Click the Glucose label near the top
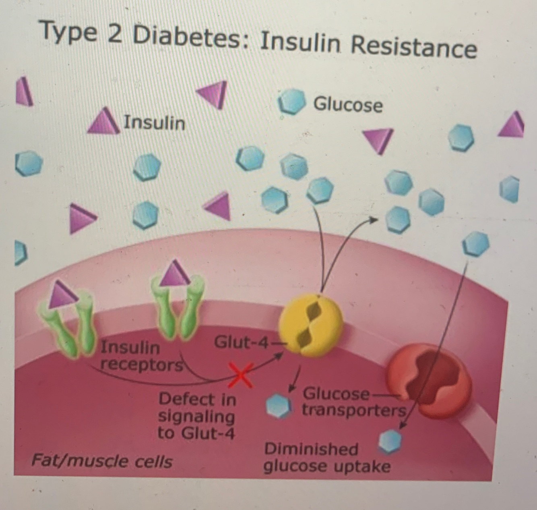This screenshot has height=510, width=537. coord(348,105)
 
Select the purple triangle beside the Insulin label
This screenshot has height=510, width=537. coord(104,121)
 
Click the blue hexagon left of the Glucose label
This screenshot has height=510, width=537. coord(291,101)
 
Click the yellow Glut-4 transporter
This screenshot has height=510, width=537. coord(311,324)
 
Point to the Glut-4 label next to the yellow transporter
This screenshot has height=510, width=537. coord(241,343)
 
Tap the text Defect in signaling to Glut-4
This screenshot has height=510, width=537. coord(197,416)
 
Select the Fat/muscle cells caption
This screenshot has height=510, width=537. coord(101,461)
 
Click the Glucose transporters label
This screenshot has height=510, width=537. coord(353,402)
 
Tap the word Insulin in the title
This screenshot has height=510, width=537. coord(299,42)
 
